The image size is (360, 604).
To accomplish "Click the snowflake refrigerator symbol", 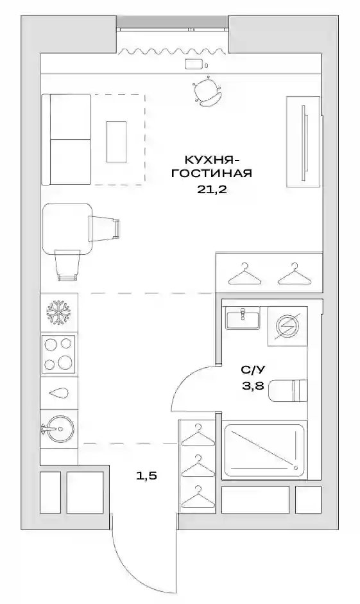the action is point(59,312).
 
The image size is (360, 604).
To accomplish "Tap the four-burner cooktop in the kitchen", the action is point(58,354).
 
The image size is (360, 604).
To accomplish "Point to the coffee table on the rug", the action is point(116,141).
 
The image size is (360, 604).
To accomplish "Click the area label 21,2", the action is point(211,189).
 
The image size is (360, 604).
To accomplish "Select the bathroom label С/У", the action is point(253,370).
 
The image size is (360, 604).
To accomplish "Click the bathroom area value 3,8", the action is point(253,385).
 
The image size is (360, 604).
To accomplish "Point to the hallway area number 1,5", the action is point(147,476).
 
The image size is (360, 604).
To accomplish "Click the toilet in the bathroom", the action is point(288,391).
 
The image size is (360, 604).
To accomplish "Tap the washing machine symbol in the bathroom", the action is point(287,326).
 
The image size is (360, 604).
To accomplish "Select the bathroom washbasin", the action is point(243,318).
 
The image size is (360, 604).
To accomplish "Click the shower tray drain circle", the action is point(296,468).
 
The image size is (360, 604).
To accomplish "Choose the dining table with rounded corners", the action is point(67,229).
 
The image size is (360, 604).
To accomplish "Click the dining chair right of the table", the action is point(105,229).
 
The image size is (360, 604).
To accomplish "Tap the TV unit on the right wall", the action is point(304,141).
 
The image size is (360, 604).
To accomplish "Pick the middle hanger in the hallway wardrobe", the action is point(198,467).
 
